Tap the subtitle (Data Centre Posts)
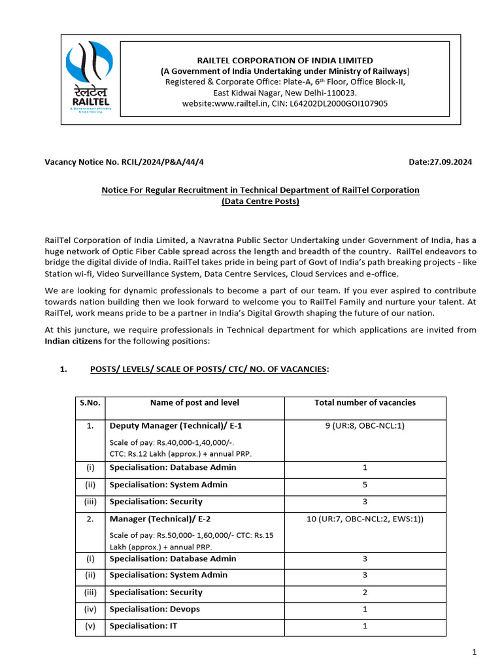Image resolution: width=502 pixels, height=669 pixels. pyautogui.click(x=260, y=201)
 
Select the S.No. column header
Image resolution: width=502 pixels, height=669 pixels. pyautogui.click(x=90, y=403)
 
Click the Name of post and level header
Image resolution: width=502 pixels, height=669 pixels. pyautogui.click(x=195, y=403)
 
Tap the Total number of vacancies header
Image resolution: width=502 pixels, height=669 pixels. pyautogui.click(x=365, y=403)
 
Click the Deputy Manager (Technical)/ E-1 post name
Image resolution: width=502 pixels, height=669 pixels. pyautogui.click(x=171, y=426)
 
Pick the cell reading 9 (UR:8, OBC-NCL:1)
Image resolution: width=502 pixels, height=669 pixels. pyautogui.click(x=365, y=426)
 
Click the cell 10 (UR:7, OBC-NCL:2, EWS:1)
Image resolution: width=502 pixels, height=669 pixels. pyautogui.click(x=365, y=519)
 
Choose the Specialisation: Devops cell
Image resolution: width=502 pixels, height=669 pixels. pyautogui.click(x=155, y=610)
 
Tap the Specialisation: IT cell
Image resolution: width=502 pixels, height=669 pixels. pyautogui.click(x=143, y=626)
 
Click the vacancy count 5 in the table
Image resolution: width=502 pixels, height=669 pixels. pyautogui.click(x=365, y=485)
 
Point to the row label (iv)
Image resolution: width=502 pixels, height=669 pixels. pyautogui.click(x=90, y=610)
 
